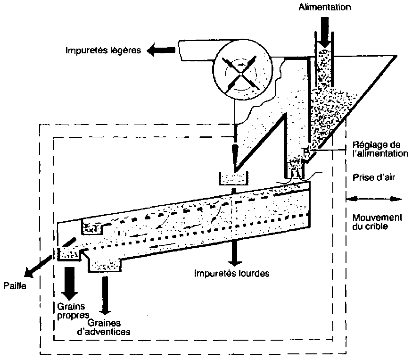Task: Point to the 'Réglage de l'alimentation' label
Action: [378, 149]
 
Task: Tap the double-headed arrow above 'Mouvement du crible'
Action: [374, 199]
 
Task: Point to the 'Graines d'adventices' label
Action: [108, 327]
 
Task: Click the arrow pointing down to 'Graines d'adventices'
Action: [105, 295]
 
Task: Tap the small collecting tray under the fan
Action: [233, 179]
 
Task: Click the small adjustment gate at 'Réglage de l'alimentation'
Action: [305, 151]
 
